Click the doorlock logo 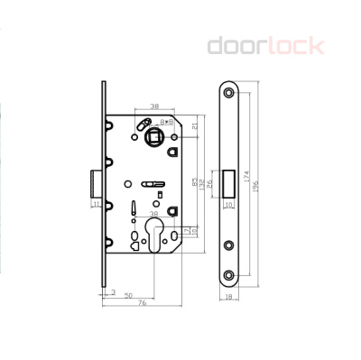(x=265, y=44)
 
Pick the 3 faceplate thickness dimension (x=111, y=291)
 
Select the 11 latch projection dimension (x=96, y=205)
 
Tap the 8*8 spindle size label (x=167, y=120)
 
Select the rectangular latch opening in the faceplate (x=228, y=182)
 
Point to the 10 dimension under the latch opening (x=228, y=206)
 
